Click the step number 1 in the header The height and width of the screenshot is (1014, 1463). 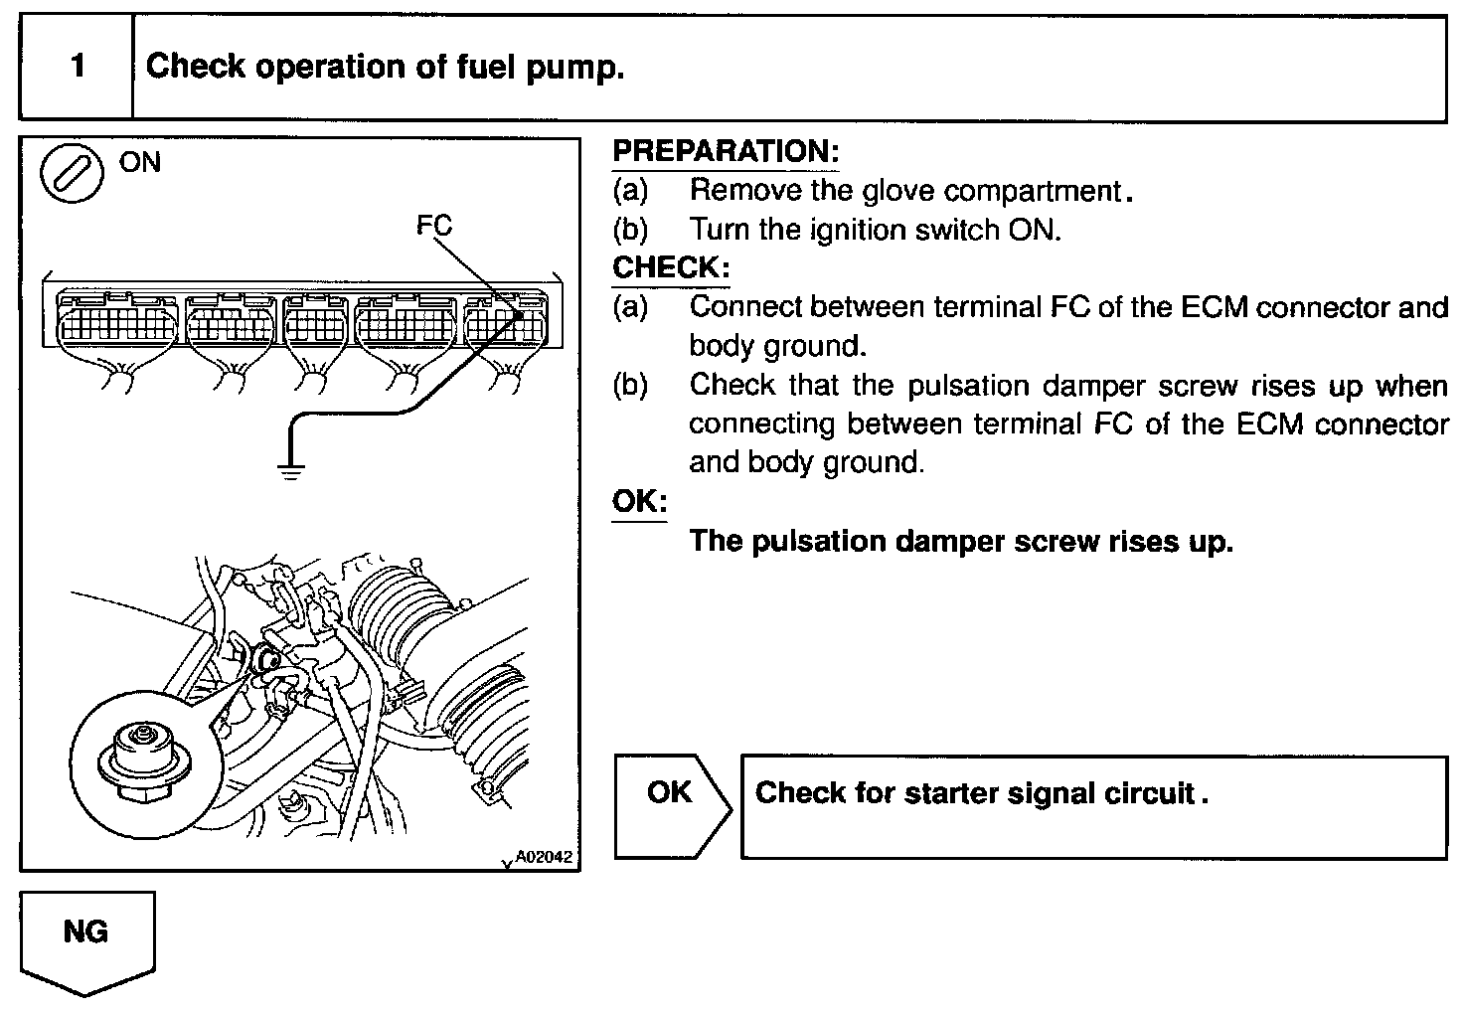point(78,67)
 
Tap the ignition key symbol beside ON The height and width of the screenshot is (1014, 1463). point(72,175)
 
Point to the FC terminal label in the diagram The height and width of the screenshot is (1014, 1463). point(434,225)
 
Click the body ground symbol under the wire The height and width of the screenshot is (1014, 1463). point(290,470)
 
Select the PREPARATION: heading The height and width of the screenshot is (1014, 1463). point(726,151)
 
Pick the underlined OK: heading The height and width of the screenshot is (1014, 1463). point(639,501)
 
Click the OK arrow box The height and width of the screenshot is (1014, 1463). point(671,806)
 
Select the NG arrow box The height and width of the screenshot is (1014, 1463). point(86,939)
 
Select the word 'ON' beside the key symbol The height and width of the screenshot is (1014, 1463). point(139,162)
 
